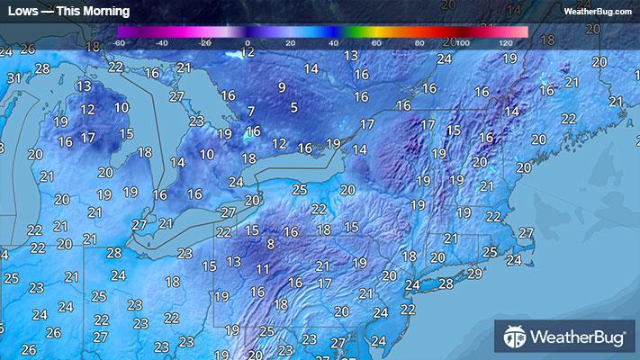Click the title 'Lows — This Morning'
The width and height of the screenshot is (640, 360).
pos(68,12)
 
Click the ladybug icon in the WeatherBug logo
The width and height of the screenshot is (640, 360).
pos(515,338)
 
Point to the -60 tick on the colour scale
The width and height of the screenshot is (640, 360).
pos(119,42)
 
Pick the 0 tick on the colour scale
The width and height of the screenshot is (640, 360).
pos(248,42)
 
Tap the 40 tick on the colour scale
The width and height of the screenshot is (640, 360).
pos(333,42)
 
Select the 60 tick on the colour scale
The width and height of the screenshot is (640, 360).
pos(376,42)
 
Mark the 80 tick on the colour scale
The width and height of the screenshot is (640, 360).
pos(419,42)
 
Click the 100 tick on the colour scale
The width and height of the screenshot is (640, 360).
pos(462,42)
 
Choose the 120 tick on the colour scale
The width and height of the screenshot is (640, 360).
pos(505,42)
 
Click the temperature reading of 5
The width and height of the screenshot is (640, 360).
pos(293,108)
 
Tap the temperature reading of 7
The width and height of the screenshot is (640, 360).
pos(250,112)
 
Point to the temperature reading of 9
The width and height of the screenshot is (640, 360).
pos(282,87)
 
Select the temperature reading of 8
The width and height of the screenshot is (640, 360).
pos(270,244)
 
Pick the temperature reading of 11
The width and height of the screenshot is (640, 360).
pos(262,269)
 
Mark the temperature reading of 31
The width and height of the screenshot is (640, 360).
pos(14,78)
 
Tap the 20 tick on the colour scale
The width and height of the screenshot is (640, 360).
pos(290,42)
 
